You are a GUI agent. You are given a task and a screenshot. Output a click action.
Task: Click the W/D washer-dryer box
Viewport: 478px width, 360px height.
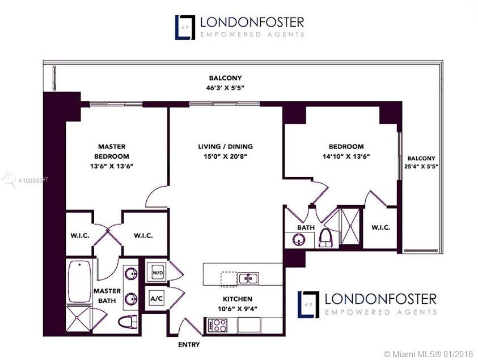[157, 273]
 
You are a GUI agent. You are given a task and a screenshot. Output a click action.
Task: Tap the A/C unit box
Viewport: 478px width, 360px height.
[156, 298]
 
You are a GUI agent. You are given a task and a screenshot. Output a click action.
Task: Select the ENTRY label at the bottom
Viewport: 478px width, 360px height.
[189, 345]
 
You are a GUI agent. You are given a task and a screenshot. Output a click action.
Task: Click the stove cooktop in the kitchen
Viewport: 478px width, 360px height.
[217, 325]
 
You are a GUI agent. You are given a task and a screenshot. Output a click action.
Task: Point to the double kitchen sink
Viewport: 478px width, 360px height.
[248, 278]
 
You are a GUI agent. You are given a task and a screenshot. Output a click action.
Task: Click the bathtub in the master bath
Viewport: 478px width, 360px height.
[79, 281]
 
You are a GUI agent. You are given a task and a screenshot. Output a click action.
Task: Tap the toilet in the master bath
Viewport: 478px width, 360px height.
[128, 321]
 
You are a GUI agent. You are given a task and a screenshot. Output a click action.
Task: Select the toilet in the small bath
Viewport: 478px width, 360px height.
[327, 238]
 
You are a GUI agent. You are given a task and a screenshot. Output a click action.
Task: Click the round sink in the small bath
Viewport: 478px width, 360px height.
[298, 240]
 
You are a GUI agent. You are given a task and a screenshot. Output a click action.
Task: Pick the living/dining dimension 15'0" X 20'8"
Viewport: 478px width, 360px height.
[225, 156]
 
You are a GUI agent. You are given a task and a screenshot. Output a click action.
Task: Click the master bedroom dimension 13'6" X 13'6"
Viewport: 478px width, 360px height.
[112, 166]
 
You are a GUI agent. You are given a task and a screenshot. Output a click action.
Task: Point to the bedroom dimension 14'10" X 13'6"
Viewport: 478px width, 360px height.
[346, 156]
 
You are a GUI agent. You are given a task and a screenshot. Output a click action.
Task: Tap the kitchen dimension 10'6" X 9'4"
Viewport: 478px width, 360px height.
[238, 308]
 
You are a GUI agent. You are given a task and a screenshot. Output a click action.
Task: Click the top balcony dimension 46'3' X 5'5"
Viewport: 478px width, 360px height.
[225, 88]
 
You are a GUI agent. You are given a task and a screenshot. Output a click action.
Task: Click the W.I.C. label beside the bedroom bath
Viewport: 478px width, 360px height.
[380, 227]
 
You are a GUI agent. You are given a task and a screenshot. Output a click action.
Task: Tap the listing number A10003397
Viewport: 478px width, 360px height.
[33, 180]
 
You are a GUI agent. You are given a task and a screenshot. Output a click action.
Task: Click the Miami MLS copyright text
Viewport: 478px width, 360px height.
[428, 354]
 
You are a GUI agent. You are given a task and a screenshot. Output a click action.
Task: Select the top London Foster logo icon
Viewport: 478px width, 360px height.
[185, 27]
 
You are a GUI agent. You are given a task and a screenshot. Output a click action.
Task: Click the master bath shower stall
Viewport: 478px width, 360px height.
[78, 318]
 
